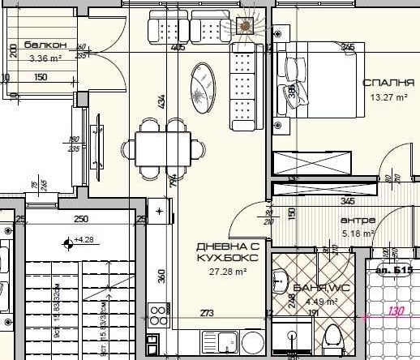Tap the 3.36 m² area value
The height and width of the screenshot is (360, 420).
coord(45,58)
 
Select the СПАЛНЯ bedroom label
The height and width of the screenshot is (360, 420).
coord(389,83)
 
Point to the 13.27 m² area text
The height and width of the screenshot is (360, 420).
coord(385,98)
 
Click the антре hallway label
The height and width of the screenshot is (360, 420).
coord(356,221)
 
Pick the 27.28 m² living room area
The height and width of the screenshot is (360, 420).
coord(227,273)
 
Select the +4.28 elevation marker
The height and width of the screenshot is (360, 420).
coord(84,240)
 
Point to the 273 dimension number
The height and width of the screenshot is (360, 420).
coord(207,313)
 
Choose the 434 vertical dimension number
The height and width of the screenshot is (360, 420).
coord(161,101)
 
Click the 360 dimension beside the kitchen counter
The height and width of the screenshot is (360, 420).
coord(161,276)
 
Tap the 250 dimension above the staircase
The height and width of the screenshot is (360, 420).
coord(81,219)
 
